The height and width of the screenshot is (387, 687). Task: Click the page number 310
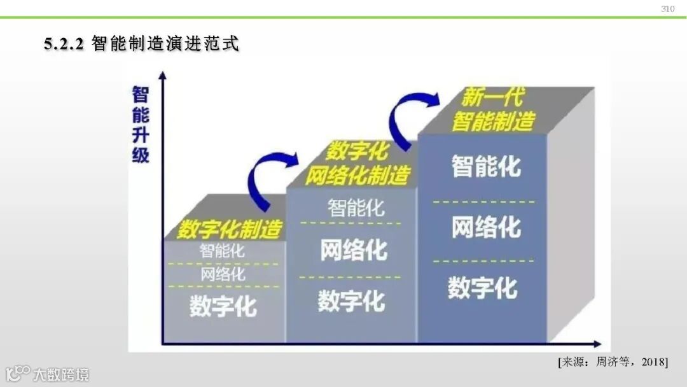pyautogui.click(x=667, y=9)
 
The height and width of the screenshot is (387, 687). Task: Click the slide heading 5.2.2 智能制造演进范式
pyautogui.click(x=141, y=45)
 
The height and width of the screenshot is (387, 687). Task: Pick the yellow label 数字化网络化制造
pyautogui.click(x=358, y=164)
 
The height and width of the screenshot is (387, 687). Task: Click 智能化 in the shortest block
pyautogui.click(x=222, y=251)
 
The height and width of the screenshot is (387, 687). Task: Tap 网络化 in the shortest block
pyautogui.click(x=223, y=275)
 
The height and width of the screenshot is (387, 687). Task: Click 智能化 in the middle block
pyautogui.click(x=356, y=208)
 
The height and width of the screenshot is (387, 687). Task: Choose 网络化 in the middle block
pyautogui.click(x=354, y=250)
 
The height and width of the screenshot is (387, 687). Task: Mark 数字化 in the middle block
pyautogui.click(x=351, y=300)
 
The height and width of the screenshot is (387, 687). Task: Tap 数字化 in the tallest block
pyautogui.click(x=482, y=287)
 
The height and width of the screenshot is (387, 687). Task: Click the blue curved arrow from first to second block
pyautogui.click(x=268, y=179)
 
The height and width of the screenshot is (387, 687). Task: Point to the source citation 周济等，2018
pyautogui.click(x=613, y=362)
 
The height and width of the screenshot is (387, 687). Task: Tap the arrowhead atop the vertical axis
pyautogui.click(x=163, y=76)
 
